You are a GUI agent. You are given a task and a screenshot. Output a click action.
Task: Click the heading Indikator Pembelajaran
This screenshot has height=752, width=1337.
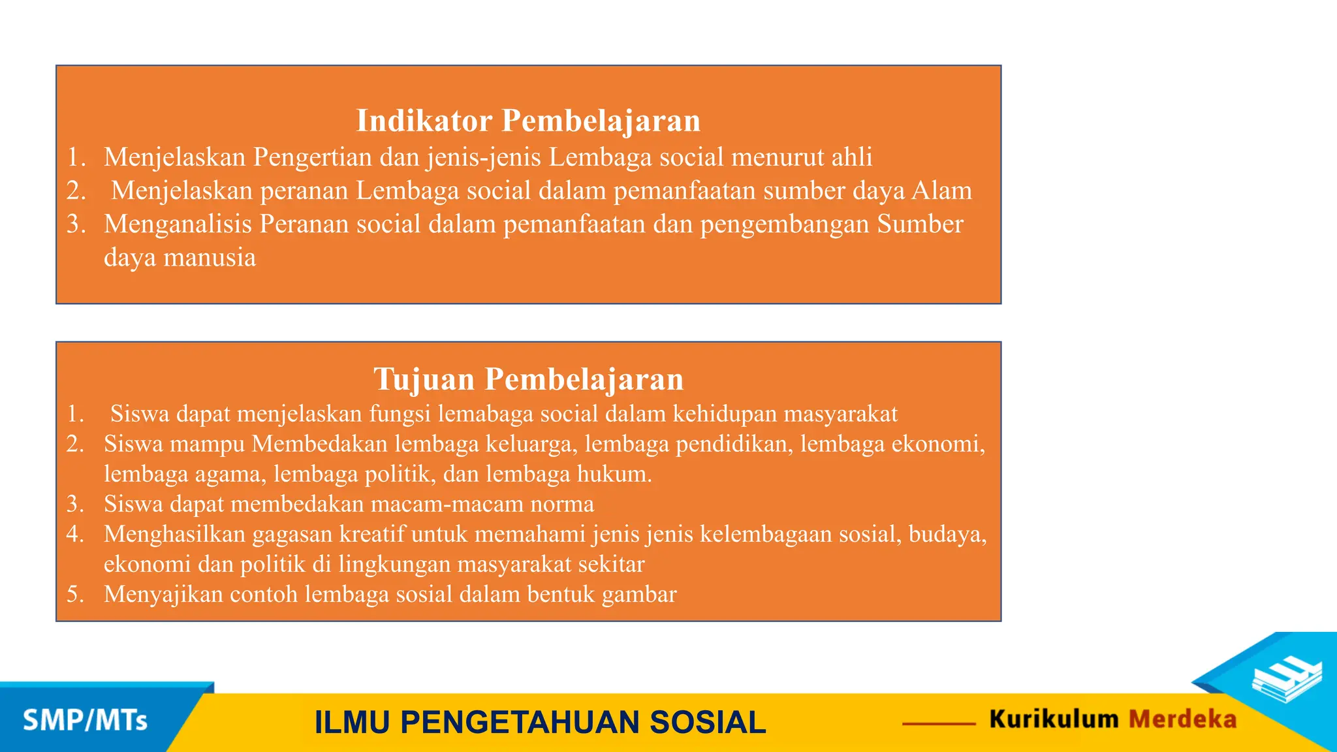528,121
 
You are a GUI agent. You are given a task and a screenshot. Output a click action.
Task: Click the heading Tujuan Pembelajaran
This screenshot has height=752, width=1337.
528,379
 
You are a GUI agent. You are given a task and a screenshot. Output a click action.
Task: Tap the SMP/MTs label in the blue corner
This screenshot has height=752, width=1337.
85,721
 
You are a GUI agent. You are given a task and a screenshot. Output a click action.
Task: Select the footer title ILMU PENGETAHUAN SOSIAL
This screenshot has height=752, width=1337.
540,723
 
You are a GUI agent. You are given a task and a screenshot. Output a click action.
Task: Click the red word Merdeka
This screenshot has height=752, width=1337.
1182,719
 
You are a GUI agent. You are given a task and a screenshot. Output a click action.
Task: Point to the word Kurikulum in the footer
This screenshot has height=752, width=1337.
1054,719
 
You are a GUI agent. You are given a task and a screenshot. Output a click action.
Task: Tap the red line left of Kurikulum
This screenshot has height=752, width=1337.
939,723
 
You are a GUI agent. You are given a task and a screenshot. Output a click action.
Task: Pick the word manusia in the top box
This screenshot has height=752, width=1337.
210,258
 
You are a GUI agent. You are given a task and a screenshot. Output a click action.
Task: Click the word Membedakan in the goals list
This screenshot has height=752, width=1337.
320,445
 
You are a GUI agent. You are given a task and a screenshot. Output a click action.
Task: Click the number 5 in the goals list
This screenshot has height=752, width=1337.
74,595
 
